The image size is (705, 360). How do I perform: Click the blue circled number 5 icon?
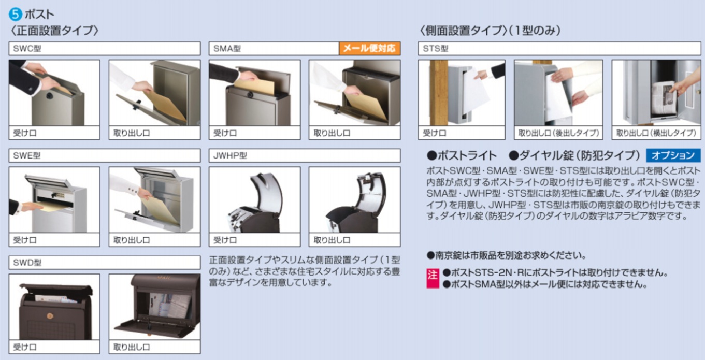click(16, 13)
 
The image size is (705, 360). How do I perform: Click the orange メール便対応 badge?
click(369, 49)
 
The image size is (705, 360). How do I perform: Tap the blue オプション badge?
click(672, 155)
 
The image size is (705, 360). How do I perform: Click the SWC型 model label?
click(24, 49)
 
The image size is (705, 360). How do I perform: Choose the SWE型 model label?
click(24, 155)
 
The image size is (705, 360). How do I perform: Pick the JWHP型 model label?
click(229, 155)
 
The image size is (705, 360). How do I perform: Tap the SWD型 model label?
click(24, 263)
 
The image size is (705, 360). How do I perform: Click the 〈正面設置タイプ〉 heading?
click(54, 31)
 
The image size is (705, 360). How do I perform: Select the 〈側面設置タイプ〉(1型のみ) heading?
click(490, 31)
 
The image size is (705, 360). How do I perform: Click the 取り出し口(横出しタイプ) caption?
click(656, 133)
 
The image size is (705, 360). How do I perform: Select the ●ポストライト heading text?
click(462, 155)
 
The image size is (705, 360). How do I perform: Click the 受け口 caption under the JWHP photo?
click(225, 240)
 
